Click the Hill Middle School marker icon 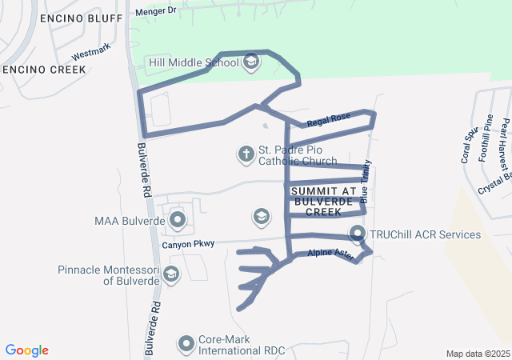coord(251,62)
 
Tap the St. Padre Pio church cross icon coord(246,153)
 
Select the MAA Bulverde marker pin coord(177,219)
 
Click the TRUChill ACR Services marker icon coord(358,234)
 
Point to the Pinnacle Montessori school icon coord(170,275)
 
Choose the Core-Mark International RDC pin coord(186,344)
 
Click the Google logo coord(27,350)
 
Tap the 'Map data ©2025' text coord(477,354)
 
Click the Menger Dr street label coord(154,11)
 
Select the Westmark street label coord(90,54)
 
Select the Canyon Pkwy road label coord(188,244)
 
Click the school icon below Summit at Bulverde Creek coord(260,216)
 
